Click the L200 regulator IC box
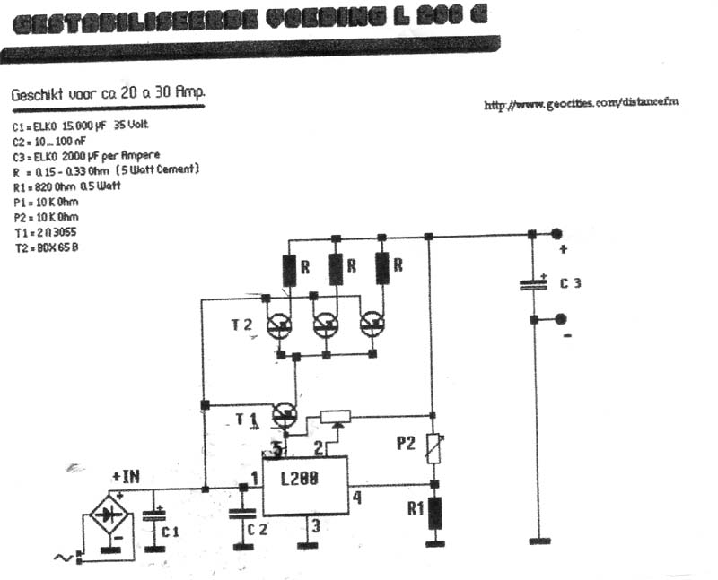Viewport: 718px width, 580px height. (x=305, y=486)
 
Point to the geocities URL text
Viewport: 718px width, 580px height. (x=581, y=104)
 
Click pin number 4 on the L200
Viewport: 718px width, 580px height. (x=356, y=498)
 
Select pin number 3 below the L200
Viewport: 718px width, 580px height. (x=315, y=528)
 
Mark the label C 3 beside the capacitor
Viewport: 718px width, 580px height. (x=571, y=283)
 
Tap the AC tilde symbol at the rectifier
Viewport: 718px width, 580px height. (x=65, y=558)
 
